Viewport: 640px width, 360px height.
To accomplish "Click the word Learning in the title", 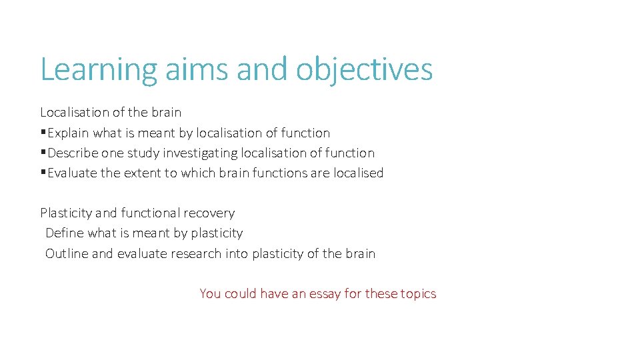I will click(x=99, y=70).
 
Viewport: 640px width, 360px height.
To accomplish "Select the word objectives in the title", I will click(x=364, y=70).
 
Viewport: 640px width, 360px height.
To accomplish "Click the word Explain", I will click(x=69, y=133).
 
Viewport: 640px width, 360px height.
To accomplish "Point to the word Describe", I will click(x=73, y=153).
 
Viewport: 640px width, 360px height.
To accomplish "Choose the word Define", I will click(x=65, y=233).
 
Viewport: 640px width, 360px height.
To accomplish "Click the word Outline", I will click(x=67, y=254).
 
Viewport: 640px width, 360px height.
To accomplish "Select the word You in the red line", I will click(x=210, y=294).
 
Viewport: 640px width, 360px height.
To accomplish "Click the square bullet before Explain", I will click(x=43, y=133).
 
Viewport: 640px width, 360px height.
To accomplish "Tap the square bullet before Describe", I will click(x=43, y=153).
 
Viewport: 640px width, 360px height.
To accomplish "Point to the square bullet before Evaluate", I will click(x=43, y=173).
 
